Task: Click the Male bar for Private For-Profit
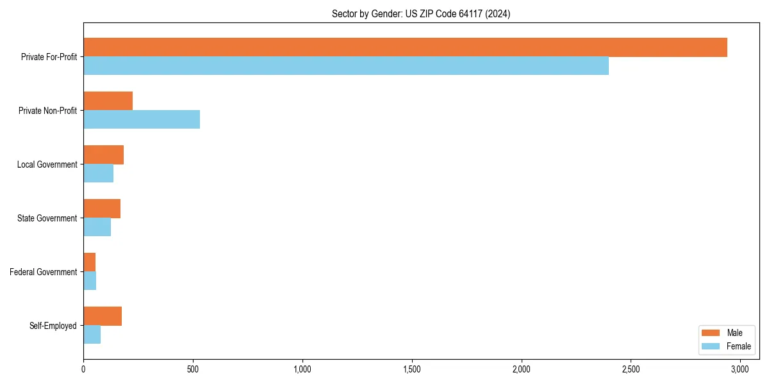click(405, 47)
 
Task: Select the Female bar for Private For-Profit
click(346, 66)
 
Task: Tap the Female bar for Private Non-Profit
click(142, 120)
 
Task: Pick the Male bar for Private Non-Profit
click(108, 101)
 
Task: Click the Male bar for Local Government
click(103, 155)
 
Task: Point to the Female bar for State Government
click(97, 227)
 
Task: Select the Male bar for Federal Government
click(89, 262)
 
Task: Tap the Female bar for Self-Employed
click(92, 335)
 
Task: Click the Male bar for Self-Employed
click(103, 316)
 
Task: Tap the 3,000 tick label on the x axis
click(740, 369)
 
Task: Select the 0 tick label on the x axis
click(83, 369)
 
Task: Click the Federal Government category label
click(43, 272)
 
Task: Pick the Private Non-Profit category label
click(47, 111)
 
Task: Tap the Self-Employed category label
click(53, 326)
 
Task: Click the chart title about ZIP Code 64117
click(421, 13)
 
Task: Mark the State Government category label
click(47, 218)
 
